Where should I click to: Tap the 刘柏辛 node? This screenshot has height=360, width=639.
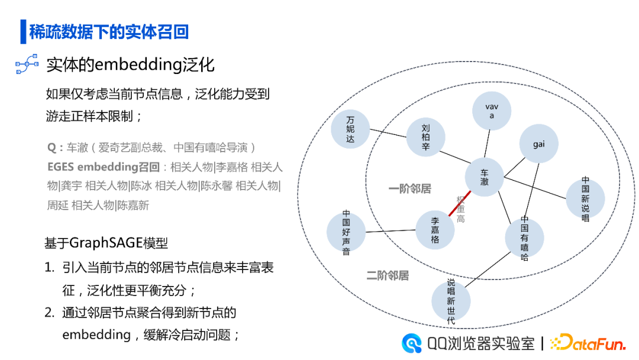coord(425,137)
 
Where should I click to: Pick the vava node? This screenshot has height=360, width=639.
coord(492,111)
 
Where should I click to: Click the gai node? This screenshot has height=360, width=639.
coord(538,144)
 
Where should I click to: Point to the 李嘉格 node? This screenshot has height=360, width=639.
coord(435,230)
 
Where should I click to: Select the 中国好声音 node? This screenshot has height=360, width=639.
coord(346,233)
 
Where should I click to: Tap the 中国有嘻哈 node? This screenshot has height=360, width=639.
coord(524,238)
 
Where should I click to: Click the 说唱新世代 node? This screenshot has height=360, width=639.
coord(451,301)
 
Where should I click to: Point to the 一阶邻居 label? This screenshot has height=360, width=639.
coord(409,189)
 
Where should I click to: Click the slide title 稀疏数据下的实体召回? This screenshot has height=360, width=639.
coord(109,32)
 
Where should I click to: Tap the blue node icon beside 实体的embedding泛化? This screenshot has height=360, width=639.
coord(27,65)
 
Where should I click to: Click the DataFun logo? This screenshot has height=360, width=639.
coord(588,343)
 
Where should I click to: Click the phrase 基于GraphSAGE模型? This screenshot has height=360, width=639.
coord(106,243)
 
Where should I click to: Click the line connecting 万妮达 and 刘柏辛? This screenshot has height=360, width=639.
coord(388,133)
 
